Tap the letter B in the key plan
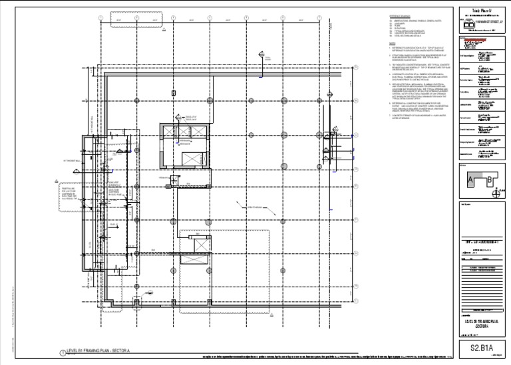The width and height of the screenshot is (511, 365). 490,178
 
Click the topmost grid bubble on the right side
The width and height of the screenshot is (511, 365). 357,66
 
